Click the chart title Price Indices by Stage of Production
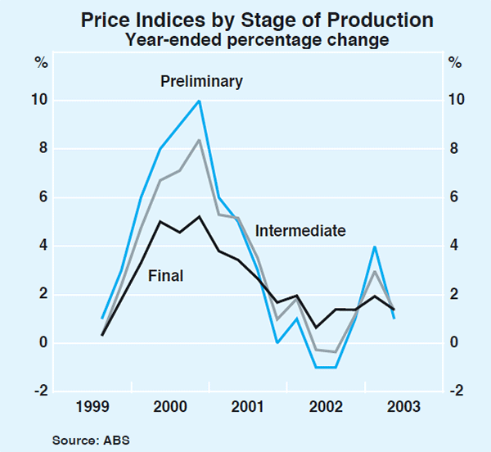245,19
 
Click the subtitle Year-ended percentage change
245,39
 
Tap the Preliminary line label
201,81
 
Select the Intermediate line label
300,231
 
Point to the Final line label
165,276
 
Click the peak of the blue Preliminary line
200,101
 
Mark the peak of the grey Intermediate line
200,140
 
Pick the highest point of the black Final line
200,216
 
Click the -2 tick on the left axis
38,391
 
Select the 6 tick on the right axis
453,197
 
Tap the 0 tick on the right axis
453,343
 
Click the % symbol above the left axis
38,62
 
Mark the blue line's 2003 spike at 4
375,246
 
